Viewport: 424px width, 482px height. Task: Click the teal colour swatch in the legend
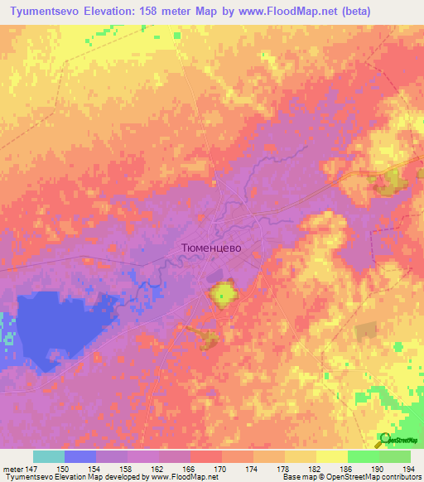[49, 456]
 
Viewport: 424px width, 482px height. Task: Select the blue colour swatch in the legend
[80, 456]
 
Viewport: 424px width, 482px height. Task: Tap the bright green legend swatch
[363, 456]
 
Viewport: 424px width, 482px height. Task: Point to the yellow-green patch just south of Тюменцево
[221, 292]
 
